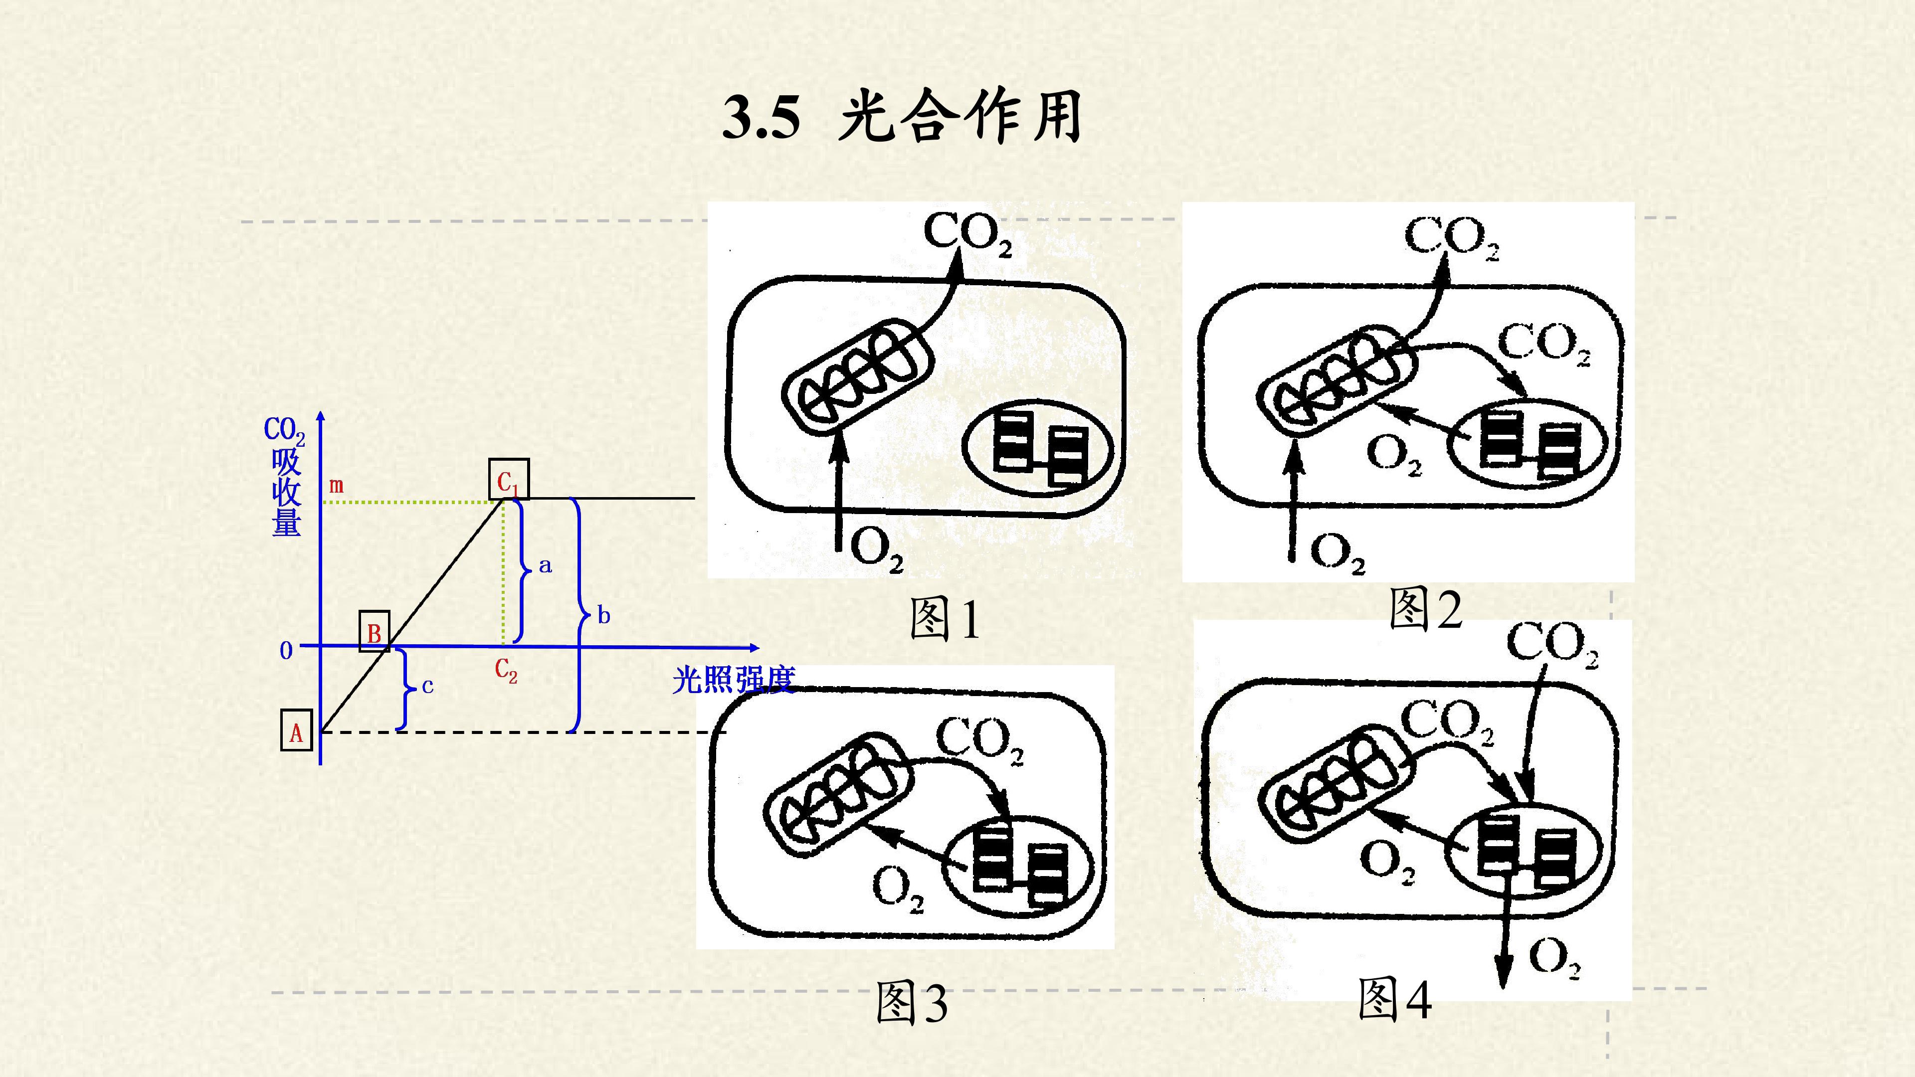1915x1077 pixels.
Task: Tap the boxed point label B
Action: [374, 632]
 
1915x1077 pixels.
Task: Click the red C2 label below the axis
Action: [506, 671]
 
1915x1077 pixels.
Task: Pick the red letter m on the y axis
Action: [336, 486]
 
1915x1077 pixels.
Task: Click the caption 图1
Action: [944, 619]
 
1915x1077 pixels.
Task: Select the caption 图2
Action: [1425, 609]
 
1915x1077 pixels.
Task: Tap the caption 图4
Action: [1395, 998]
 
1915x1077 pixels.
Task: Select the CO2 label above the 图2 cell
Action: [1452, 238]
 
